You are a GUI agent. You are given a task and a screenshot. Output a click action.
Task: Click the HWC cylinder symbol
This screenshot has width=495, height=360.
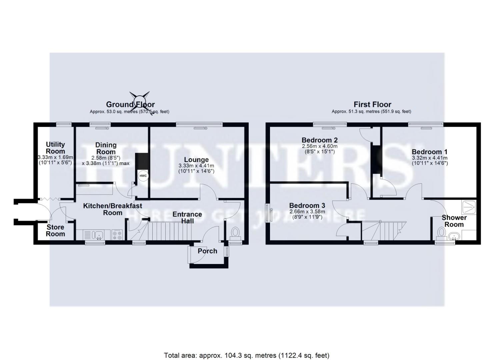pyautogui.click(x=143, y=176)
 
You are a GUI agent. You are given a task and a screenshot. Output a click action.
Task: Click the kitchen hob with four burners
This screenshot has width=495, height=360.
pyautogui.click(x=117, y=235)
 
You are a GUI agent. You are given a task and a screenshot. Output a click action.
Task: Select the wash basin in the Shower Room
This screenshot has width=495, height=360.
pyautogui.click(x=454, y=237)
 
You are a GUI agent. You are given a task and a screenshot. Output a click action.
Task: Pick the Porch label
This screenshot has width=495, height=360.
pyautogui.click(x=207, y=251)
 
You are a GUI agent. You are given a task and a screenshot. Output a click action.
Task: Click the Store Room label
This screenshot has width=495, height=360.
pyautogui.click(x=55, y=230)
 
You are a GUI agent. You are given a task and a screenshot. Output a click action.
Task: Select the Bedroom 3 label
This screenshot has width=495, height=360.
pyautogui.click(x=307, y=205)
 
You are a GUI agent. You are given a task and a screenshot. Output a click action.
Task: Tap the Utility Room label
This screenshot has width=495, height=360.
pyautogui.click(x=55, y=148)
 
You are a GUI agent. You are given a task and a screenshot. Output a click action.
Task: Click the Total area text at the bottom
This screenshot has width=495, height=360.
pyautogui.click(x=247, y=355)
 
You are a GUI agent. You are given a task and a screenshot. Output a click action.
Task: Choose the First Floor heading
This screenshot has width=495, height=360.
pyautogui.click(x=372, y=104)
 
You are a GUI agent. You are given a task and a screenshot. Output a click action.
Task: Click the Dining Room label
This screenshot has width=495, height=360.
pyautogui.click(x=106, y=148)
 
